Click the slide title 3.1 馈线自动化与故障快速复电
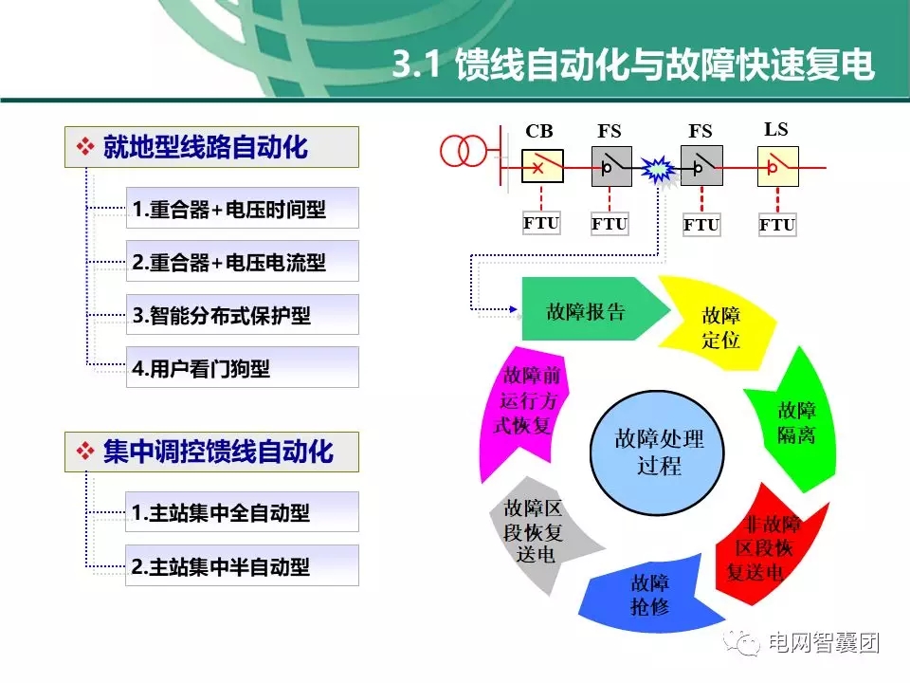[632, 65]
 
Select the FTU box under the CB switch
[541, 224]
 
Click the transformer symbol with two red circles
[462, 150]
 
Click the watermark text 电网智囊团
[823, 643]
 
